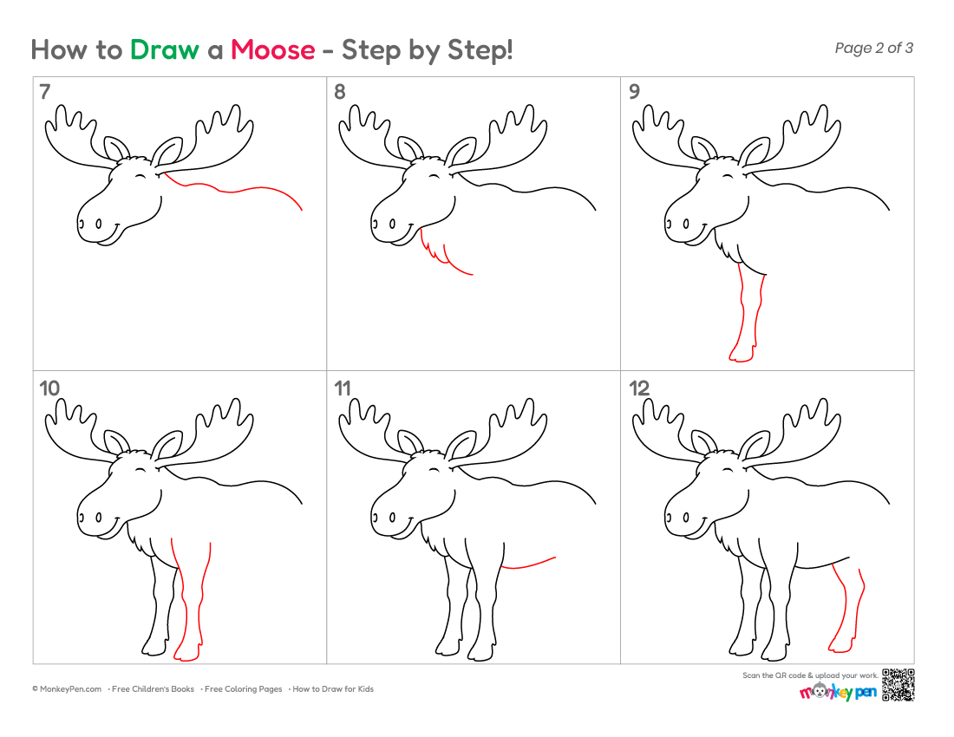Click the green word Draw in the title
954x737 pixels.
tap(164, 50)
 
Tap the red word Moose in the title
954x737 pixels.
tap(272, 50)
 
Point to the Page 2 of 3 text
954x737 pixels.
tap(873, 48)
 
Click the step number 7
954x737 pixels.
tap(44, 92)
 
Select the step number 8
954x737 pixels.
tap(339, 92)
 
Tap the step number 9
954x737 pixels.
tap(634, 92)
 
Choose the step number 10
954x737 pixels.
tap(49, 388)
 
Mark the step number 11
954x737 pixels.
tap(343, 388)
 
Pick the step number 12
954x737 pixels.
tap(639, 388)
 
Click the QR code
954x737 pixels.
tap(898, 685)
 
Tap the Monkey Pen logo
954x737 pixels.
tap(838, 692)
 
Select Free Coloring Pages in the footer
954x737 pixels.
tap(243, 689)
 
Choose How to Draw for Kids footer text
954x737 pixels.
tap(333, 689)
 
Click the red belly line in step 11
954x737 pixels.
tap(528, 565)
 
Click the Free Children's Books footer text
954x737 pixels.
tap(153, 689)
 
